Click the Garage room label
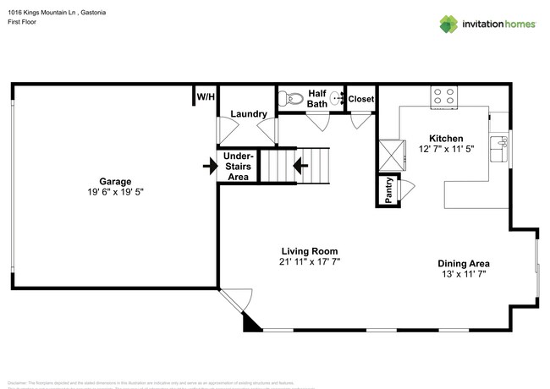[x=114, y=180]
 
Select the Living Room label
[x=310, y=251]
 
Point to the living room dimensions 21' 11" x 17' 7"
[x=310, y=262]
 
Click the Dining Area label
[x=463, y=263]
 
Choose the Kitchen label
[x=446, y=138]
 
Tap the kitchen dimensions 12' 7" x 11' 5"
[x=446, y=149]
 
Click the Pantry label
[x=388, y=190]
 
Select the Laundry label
[x=249, y=113]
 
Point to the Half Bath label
[x=317, y=99]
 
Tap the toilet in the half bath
[x=292, y=98]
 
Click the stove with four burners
[x=444, y=95]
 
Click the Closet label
[x=361, y=99]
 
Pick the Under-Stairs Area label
[x=238, y=167]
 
